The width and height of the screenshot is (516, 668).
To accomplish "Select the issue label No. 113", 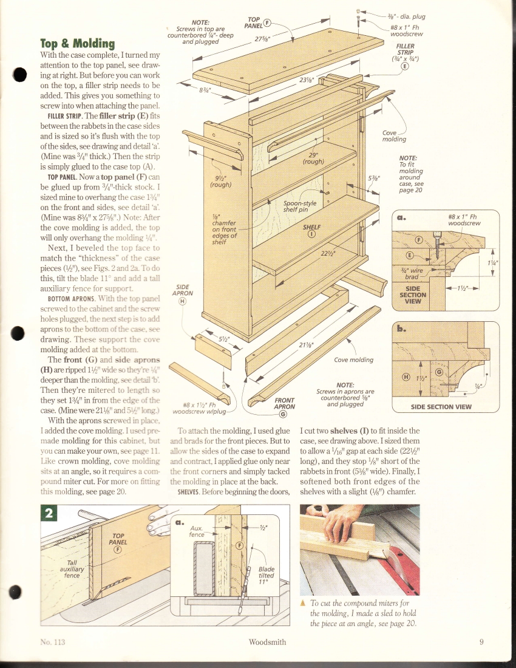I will [52, 641].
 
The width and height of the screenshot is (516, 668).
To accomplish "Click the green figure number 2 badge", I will [48, 513].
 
